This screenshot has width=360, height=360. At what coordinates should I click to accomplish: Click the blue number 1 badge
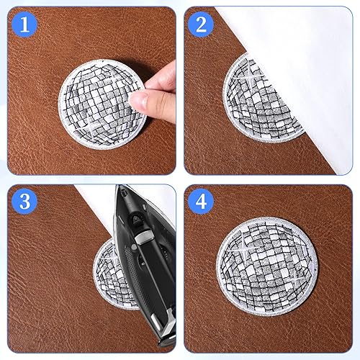coord(24,24)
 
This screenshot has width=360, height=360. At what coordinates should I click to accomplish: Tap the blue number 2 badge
coord(201,24)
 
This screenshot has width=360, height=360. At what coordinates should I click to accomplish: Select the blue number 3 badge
coord(24,201)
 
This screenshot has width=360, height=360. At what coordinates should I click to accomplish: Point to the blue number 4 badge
coord(201,201)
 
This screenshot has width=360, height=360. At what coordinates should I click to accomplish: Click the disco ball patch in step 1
coord(103,104)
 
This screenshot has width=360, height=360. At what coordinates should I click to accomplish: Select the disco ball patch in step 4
coord(267,266)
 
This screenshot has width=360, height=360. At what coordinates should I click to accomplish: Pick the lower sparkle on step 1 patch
coord(92,127)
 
